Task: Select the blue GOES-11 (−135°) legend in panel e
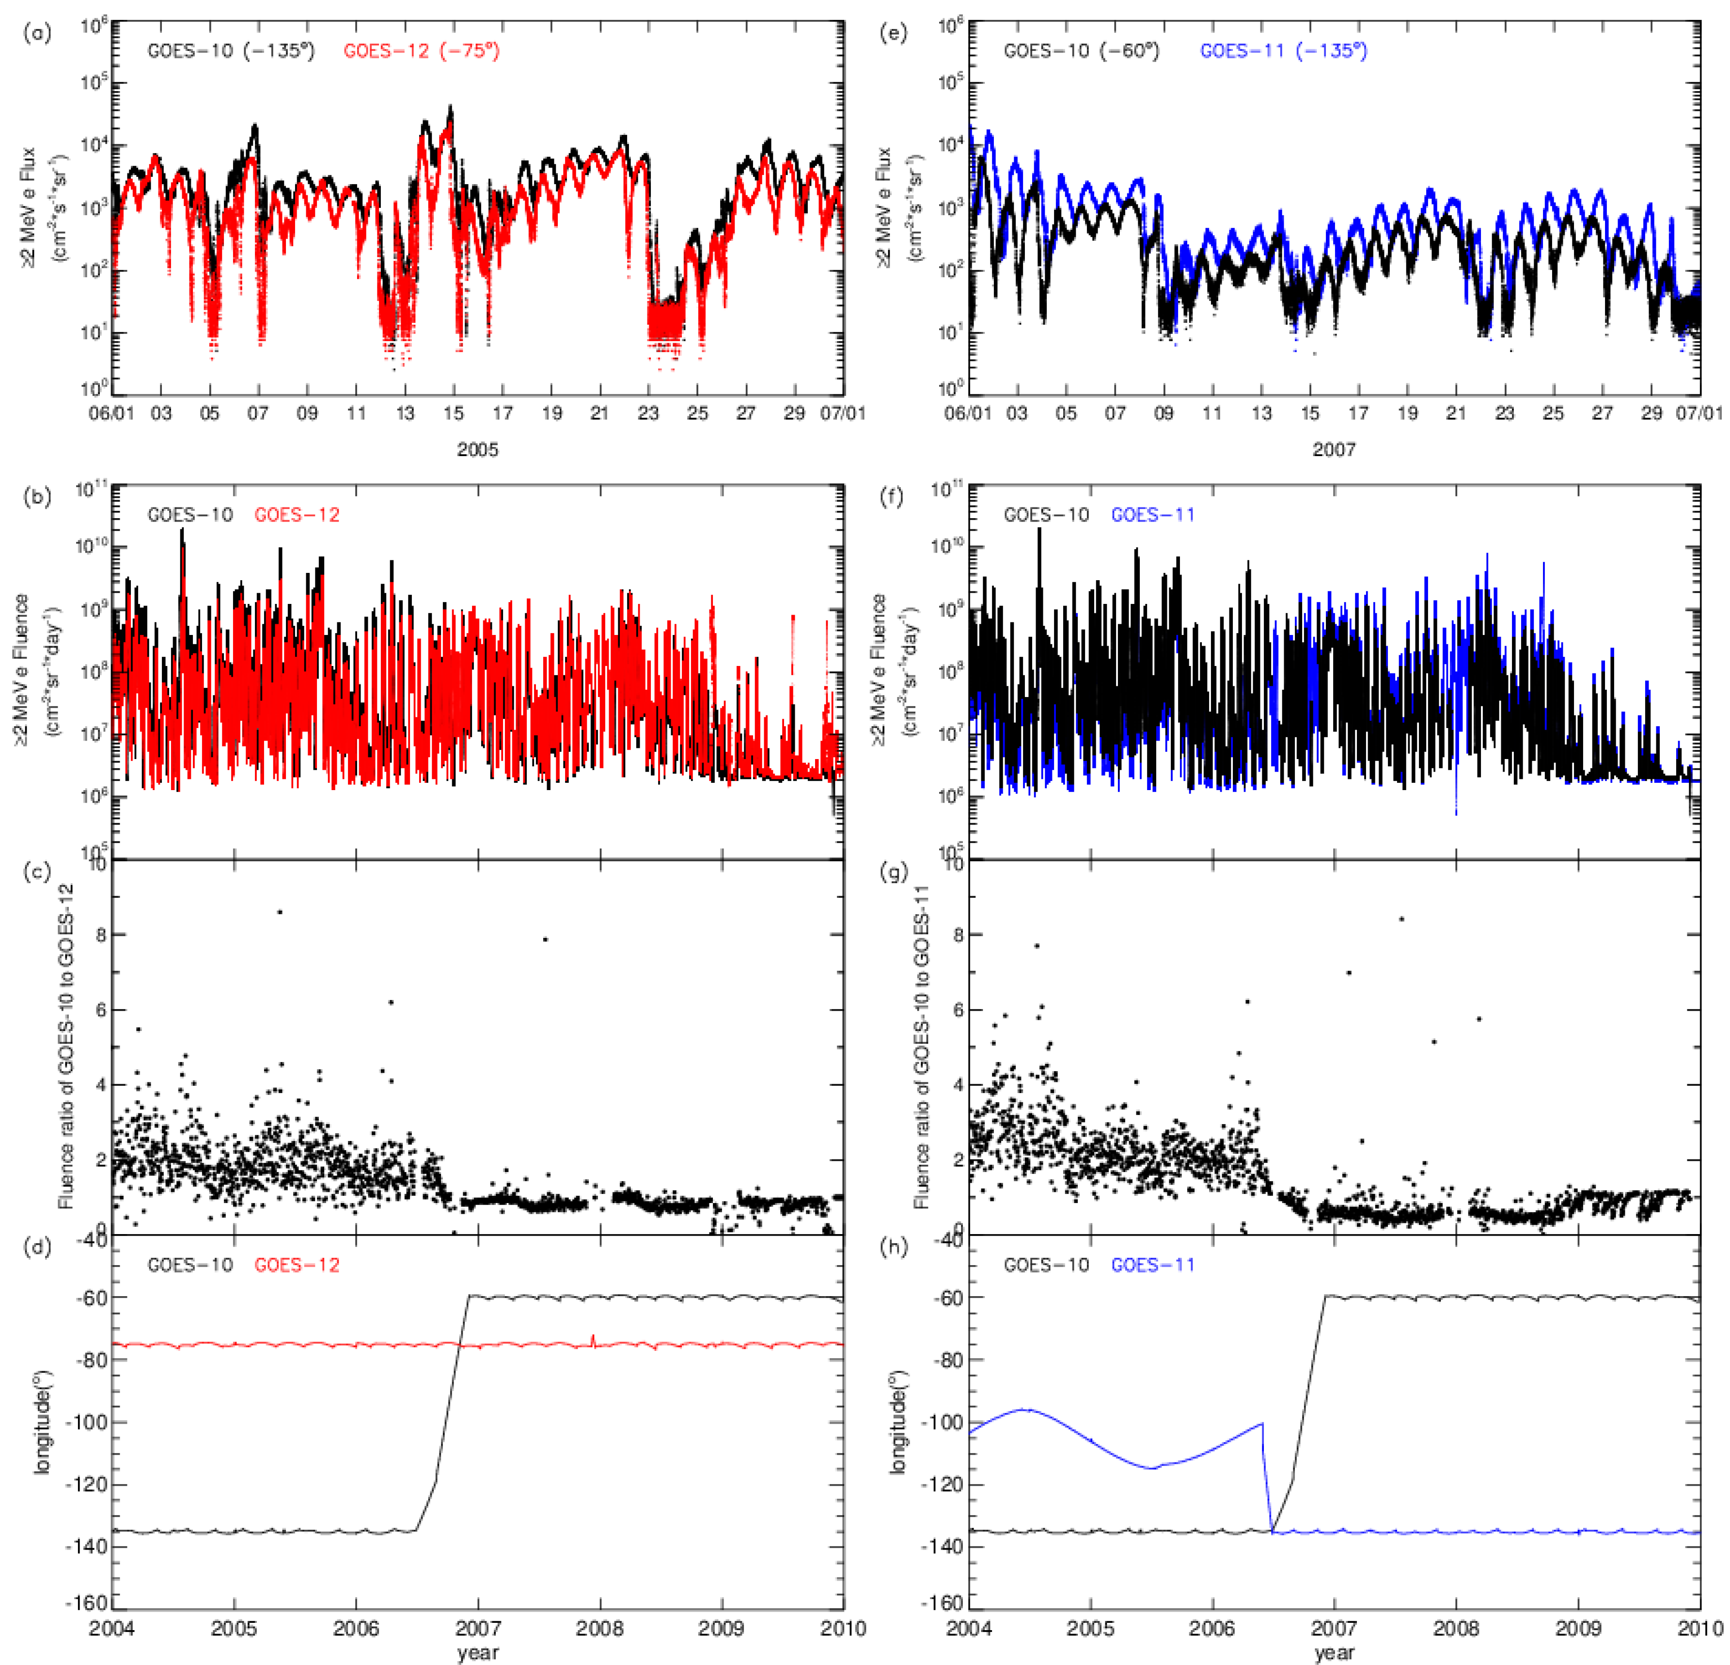click(x=1283, y=51)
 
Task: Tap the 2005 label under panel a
click(x=477, y=449)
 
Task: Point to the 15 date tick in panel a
click(x=454, y=413)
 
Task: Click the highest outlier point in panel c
click(x=280, y=912)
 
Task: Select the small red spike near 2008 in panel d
click(x=593, y=1338)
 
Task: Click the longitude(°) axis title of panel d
click(x=42, y=1421)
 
